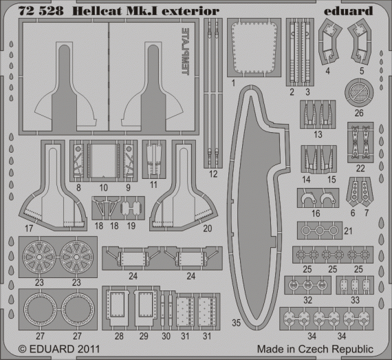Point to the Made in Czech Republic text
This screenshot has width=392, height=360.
pos(316,350)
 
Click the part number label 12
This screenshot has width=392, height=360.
pos(215,175)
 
